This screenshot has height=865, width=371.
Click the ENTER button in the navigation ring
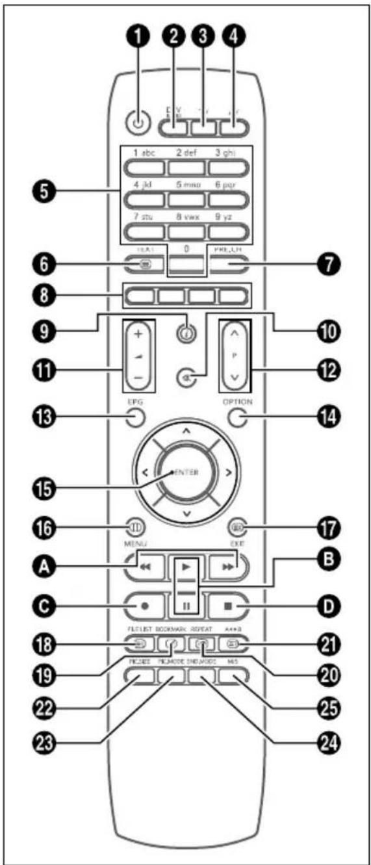[186, 473]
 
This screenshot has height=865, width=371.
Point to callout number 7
[325, 265]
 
